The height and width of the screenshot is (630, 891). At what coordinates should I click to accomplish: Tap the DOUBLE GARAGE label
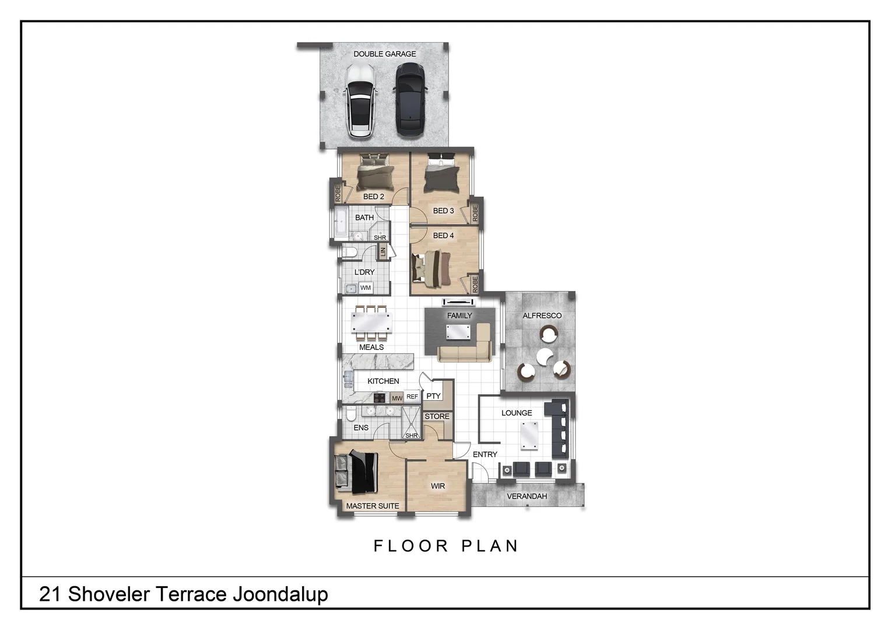click(385, 54)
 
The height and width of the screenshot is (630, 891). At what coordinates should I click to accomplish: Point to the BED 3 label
click(443, 211)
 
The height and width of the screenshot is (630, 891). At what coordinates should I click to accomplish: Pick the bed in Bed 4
click(432, 268)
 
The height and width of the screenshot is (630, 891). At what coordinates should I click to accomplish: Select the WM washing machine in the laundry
click(366, 288)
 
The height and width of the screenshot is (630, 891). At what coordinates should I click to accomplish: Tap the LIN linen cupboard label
click(383, 251)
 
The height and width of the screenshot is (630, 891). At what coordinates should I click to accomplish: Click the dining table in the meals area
click(371, 323)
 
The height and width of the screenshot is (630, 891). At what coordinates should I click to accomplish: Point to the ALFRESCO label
click(542, 316)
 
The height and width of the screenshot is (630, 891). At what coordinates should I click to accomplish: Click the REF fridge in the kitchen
click(412, 397)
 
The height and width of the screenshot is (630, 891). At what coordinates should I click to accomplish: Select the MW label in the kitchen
click(397, 398)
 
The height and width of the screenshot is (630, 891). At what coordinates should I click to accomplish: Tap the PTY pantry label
click(433, 396)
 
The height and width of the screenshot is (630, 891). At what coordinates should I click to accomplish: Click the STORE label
click(437, 416)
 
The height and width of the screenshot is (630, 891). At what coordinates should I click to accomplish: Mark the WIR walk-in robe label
click(437, 486)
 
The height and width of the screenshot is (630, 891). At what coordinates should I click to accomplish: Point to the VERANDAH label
click(527, 496)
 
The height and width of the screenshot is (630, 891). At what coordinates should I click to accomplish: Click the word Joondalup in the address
click(280, 594)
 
